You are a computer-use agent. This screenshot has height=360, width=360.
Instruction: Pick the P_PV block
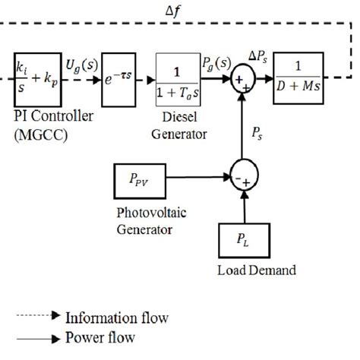coord(137,181)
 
